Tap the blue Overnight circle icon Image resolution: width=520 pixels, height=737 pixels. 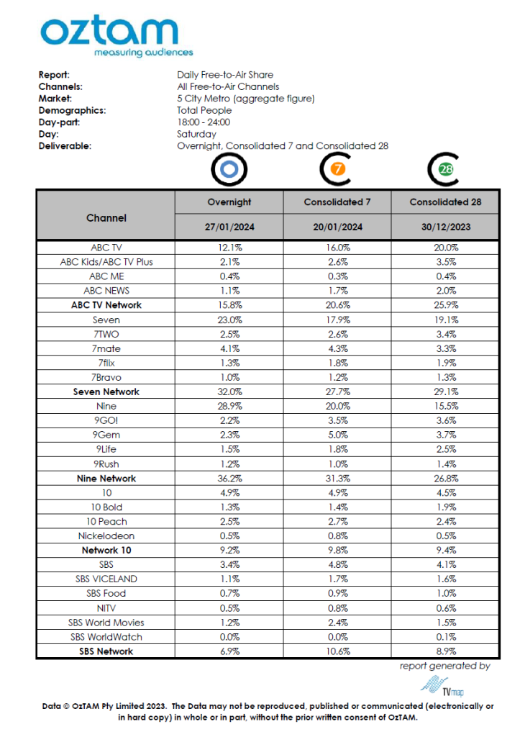click(229, 170)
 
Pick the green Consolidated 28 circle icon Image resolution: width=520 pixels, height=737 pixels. click(445, 170)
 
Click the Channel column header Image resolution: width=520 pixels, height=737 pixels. click(106, 217)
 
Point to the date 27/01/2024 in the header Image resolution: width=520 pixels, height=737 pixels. click(229, 228)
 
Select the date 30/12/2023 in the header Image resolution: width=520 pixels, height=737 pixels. click(445, 228)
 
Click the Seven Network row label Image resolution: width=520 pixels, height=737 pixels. click(106, 392)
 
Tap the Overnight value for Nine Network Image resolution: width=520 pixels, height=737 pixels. click(229, 478)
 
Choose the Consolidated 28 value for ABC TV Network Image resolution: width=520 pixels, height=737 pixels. click(445, 305)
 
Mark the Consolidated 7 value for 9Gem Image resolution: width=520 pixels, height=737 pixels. click(337, 435)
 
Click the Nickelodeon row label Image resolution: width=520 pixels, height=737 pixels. click(106, 535)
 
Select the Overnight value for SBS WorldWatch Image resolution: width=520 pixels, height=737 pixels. click(229, 636)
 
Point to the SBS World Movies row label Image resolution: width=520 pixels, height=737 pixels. click(106, 622)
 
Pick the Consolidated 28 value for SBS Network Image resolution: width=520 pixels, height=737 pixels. click(445, 651)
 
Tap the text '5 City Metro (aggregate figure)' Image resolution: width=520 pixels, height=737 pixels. click(245, 99)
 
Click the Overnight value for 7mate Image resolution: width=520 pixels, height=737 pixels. click(229, 348)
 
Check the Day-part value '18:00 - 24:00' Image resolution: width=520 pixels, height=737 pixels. click(204, 122)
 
